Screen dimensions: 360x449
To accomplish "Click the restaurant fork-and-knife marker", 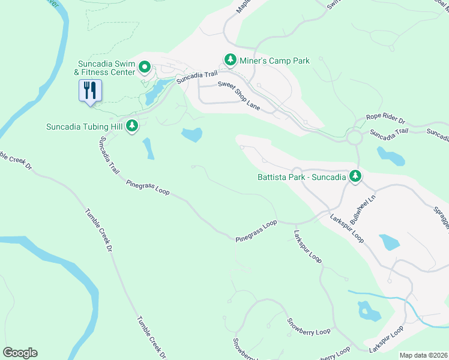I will point(91,91).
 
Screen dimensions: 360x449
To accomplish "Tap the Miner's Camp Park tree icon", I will point(230,60).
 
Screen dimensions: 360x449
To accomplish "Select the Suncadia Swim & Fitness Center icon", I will point(145,67).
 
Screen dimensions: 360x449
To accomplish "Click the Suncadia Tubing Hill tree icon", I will point(132,126).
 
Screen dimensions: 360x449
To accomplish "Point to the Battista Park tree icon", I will point(356,176).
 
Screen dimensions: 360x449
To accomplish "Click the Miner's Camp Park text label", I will point(274,61).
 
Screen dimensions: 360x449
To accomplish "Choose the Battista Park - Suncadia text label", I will point(302,177).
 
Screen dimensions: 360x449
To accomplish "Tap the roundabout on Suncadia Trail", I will point(354,139).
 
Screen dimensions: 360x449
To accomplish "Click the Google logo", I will point(20,353).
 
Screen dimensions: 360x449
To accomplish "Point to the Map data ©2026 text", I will point(423,355).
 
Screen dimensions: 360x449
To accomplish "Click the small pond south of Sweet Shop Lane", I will point(192,135).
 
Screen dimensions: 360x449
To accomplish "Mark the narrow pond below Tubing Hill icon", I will point(148,149).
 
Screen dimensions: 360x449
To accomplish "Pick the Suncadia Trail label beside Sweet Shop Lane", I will point(195,77).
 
